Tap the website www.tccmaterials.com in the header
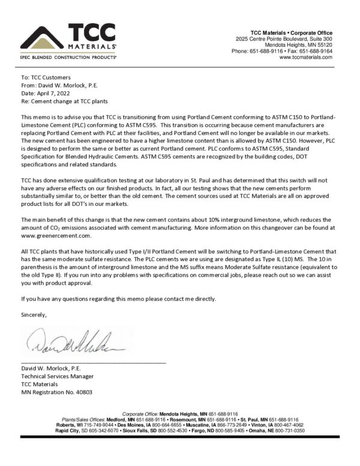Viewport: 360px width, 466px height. [306, 57]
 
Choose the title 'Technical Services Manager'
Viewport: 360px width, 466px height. [58, 376]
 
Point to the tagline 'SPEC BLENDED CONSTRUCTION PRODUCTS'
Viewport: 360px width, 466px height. [68, 58]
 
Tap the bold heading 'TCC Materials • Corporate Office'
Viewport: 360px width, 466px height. [291, 32]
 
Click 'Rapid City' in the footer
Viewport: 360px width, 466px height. [70, 431]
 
